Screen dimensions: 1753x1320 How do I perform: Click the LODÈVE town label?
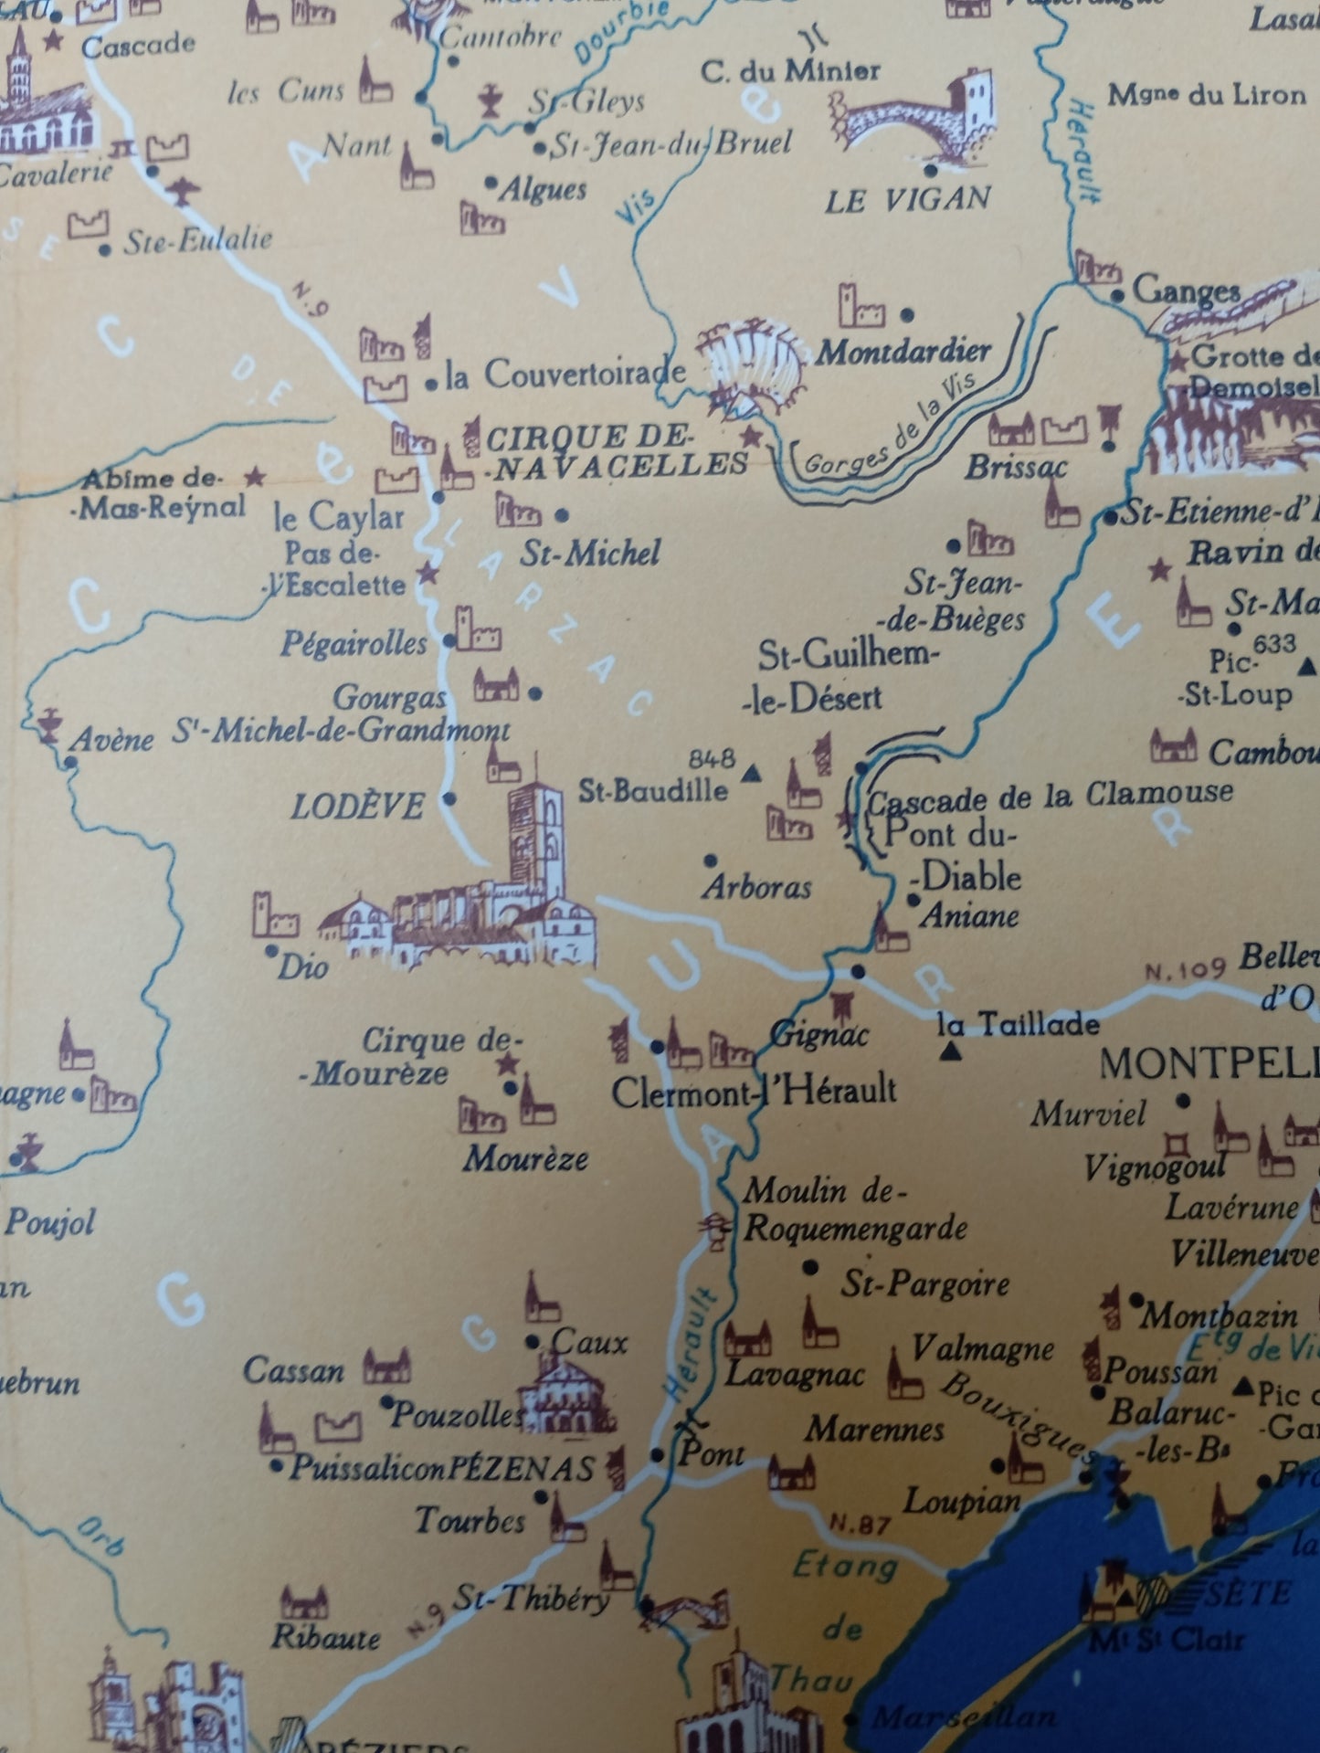click(x=357, y=807)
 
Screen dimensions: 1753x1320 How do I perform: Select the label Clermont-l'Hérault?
click(x=754, y=1091)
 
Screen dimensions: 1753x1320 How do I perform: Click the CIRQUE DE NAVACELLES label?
click(x=618, y=451)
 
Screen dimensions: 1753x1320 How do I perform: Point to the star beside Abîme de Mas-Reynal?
click(x=256, y=476)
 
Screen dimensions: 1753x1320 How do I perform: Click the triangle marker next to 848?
click(x=752, y=775)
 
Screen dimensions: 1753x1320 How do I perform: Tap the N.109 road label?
click(x=1184, y=970)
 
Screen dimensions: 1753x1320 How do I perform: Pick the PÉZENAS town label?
click(x=522, y=1469)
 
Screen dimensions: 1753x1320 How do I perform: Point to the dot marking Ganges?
click(x=1117, y=296)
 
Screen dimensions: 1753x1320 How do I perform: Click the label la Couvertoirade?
click(x=565, y=375)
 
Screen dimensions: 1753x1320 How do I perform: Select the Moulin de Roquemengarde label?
click(x=854, y=1209)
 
